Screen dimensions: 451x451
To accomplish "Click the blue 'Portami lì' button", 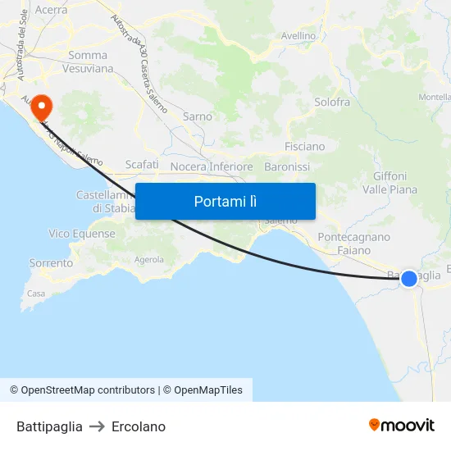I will pyautogui.click(x=225, y=201).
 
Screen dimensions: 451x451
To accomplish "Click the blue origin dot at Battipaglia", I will pyautogui.click(x=408, y=279).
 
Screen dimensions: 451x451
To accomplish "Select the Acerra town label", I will pyautogui.click(x=51, y=10).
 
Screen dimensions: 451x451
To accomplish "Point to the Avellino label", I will pyautogui.click(x=298, y=36).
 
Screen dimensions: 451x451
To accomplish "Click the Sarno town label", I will pyautogui.click(x=198, y=116).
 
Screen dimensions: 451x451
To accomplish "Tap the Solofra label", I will pyautogui.click(x=332, y=102).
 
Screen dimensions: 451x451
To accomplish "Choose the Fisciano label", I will pyautogui.click(x=304, y=146).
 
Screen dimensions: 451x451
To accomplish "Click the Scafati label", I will pyautogui.click(x=142, y=164).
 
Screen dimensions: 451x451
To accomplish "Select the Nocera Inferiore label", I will pyautogui.click(x=212, y=166).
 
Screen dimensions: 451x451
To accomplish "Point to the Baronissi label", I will pyautogui.click(x=287, y=166).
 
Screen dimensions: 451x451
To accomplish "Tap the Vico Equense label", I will pyautogui.click(x=82, y=234).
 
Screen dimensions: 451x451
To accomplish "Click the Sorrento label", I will pyautogui.click(x=51, y=263).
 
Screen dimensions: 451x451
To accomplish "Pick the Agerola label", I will pyautogui.click(x=149, y=260).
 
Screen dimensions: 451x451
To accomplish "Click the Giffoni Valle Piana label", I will pyautogui.click(x=389, y=182).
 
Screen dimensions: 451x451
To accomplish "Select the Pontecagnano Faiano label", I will pyautogui.click(x=353, y=243).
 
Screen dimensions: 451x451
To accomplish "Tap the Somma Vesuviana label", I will pyautogui.click(x=88, y=61).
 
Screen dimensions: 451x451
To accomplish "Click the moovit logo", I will pyautogui.click(x=402, y=425).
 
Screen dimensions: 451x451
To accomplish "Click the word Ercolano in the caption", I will pyautogui.click(x=139, y=426).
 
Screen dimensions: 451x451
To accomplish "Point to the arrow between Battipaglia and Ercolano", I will pyautogui.click(x=97, y=426).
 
